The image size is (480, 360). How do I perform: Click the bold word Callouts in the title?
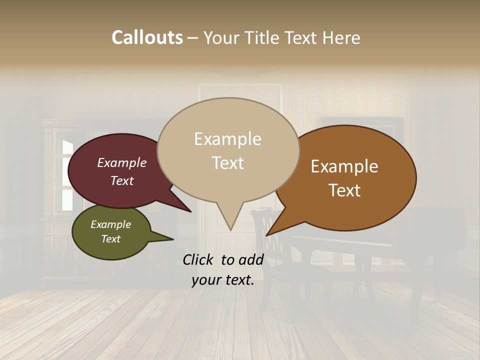(147, 37)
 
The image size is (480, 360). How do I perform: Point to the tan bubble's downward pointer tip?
(230, 229)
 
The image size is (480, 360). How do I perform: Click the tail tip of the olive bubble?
(172, 239)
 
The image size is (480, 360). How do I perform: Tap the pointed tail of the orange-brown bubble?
(267, 234)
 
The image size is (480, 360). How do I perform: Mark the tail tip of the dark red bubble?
(190, 211)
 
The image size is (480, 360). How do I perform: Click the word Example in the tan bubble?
(228, 139)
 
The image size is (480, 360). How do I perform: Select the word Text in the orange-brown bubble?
(345, 190)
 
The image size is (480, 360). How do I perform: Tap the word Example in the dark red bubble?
(122, 163)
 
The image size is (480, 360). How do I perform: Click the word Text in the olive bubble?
(111, 239)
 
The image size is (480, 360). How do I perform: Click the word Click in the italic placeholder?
(198, 259)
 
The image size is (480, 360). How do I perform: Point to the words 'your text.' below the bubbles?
(223, 280)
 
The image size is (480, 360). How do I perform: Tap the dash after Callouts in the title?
(193, 37)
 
